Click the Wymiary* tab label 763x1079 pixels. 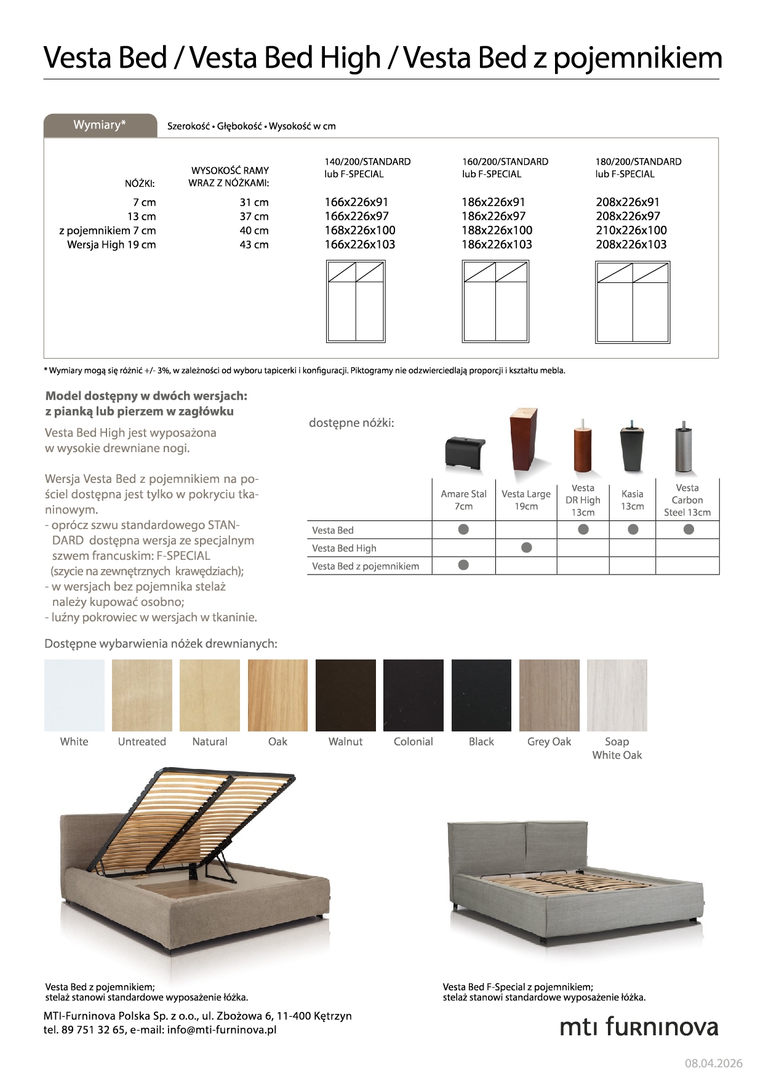pyautogui.click(x=100, y=125)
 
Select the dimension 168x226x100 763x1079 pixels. pyautogui.click(x=360, y=230)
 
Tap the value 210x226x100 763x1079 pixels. pyautogui.click(x=631, y=230)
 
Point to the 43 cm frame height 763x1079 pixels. pyautogui.click(x=254, y=245)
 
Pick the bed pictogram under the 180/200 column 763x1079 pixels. pyautogui.click(x=633, y=302)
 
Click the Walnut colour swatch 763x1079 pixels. pyautogui.click(x=345, y=695)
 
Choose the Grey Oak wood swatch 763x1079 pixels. pyautogui.click(x=549, y=695)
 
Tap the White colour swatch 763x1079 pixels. pyautogui.click(x=74, y=695)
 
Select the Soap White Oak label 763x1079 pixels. pyautogui.click(x=617, y=748)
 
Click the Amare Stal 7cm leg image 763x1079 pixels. pyautogui.click(x=465, y=452)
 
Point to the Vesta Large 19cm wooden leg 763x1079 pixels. pyautogui.click(x=523, y=438)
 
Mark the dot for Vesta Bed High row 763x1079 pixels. pyautogui.click(x=527, y=547)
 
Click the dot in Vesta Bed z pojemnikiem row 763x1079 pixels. pyautogui.click(x=464, y=565)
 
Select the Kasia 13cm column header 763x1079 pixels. pyautogui.click(x=632, y=500)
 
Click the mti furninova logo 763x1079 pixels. pyautogui.click(x=639, y=1027)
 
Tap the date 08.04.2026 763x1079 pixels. pyautogui.click(x=714, y=1063)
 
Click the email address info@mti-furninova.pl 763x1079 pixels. pyautogui.click(x=222, y=1030)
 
